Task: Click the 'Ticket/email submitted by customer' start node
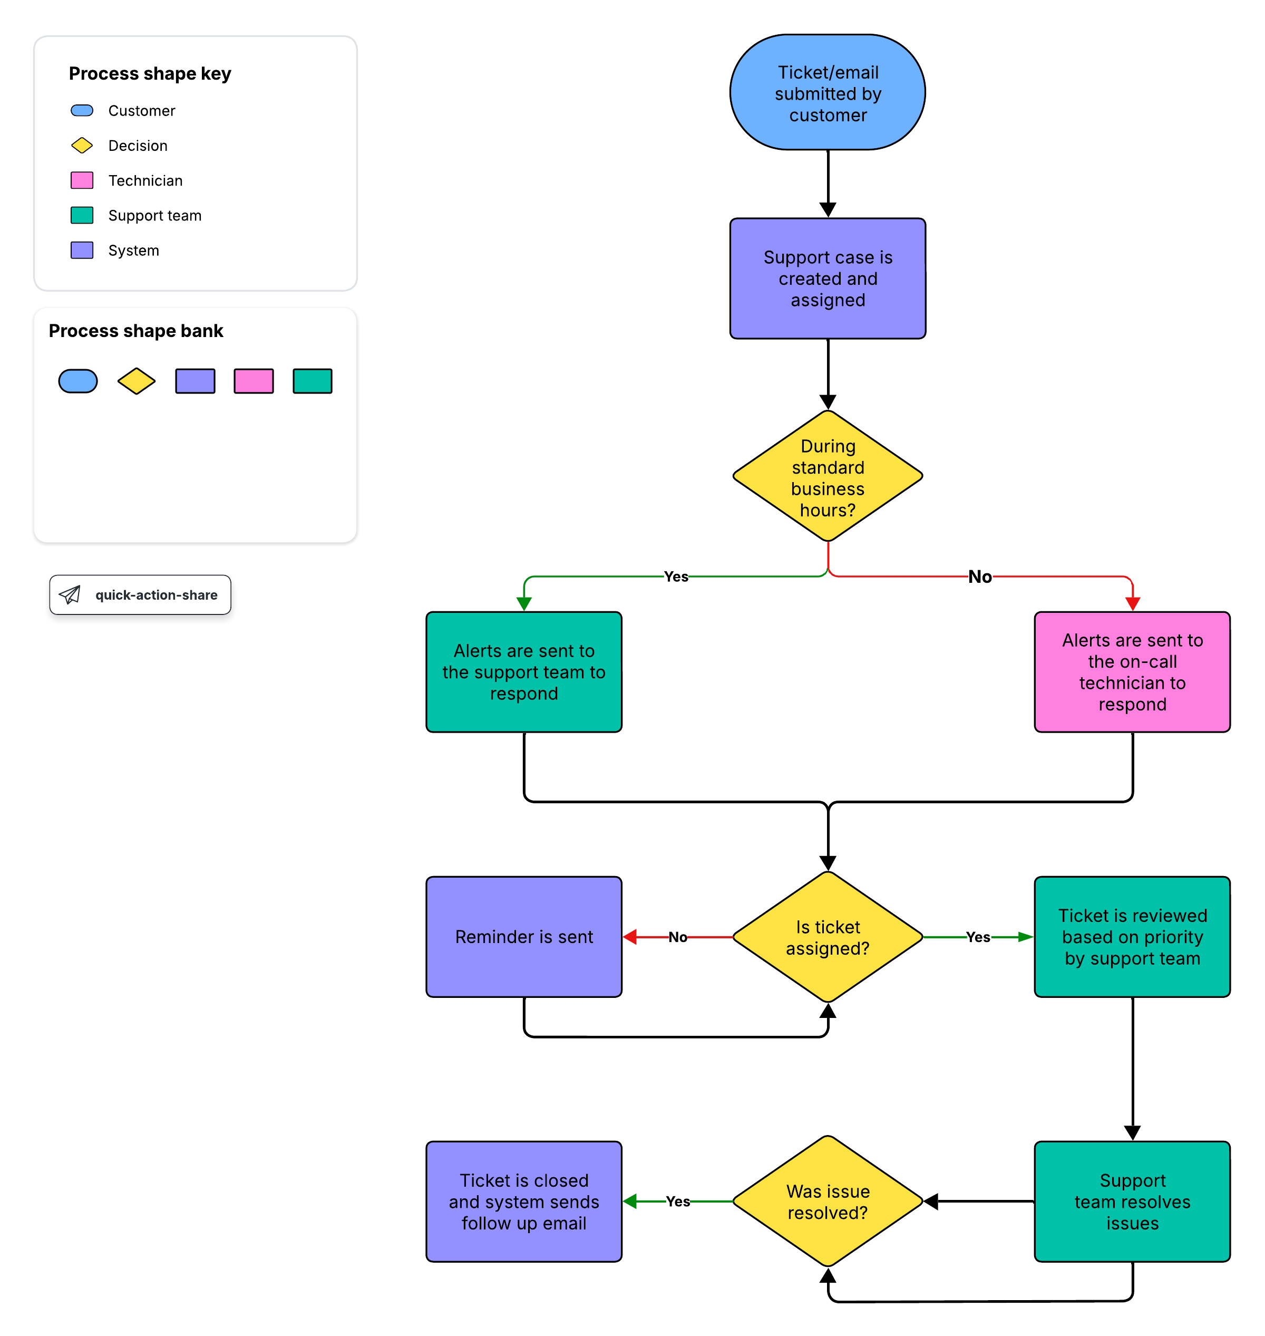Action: coord(828,92)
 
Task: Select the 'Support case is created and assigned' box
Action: coord(828,278)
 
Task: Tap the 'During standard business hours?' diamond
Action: coord(828,476)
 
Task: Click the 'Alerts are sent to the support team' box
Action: coord(524,672)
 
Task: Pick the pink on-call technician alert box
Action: coord(1132,672)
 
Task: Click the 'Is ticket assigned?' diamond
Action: coord(828,937)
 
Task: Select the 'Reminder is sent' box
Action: coord(524,937)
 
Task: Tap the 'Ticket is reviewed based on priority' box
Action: coord(1132,937)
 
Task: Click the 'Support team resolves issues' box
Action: coord(1132,1201)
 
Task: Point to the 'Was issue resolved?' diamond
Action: coord(828,1201)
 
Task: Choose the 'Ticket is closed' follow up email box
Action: coord(524,1201)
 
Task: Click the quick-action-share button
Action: coord(140,594)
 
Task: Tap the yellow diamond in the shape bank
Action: coord(136,381)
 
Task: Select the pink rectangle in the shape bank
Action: coord(254,381)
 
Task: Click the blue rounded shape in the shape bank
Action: coord(78,381)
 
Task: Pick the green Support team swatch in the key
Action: coord(82,215)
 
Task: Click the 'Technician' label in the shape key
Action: coord(145,181)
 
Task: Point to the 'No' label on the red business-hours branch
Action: coord(980,576)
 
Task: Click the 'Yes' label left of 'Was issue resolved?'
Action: coord(678,1201)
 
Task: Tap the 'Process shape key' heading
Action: coord(150,73)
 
